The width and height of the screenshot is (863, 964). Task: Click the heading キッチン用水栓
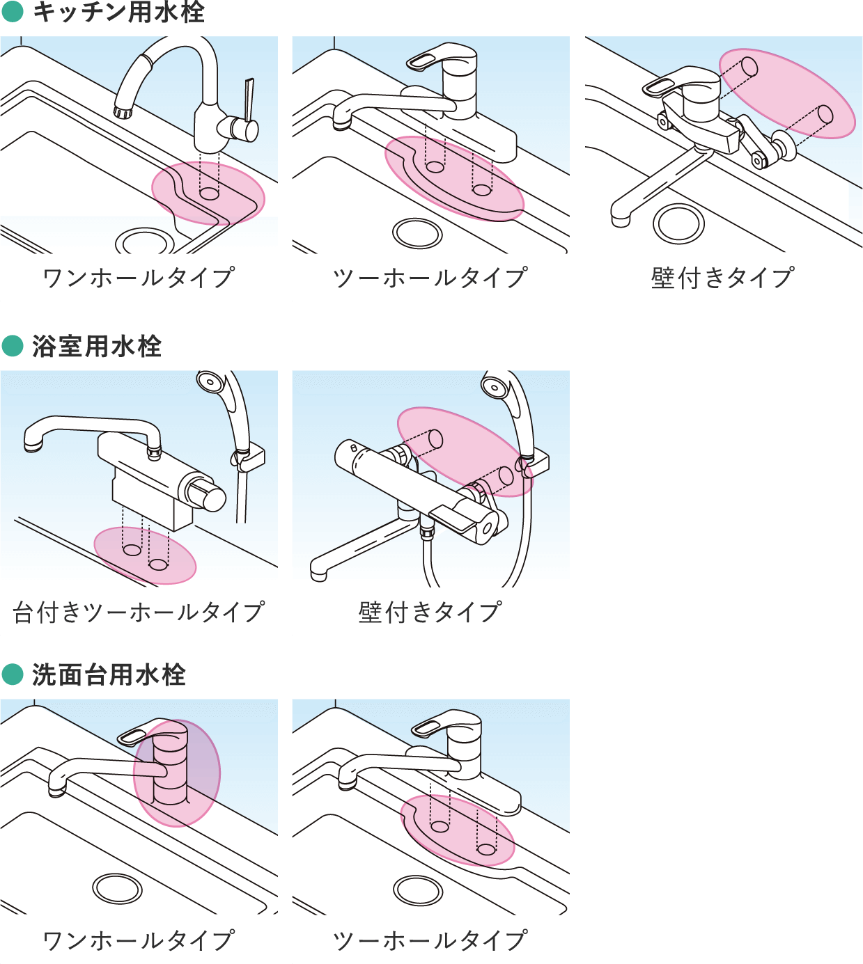[118, 13]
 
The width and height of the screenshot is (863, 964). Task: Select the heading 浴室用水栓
[97, 346]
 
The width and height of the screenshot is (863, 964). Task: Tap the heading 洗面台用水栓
[109, 674]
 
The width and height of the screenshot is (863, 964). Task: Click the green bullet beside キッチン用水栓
[13, 13]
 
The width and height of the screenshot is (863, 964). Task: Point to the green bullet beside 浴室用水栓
[13, 346]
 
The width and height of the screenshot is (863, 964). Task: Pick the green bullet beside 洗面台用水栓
[13, 674]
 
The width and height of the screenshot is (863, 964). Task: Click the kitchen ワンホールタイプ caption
[139, 278]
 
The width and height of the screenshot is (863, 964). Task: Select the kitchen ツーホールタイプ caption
[430, 278]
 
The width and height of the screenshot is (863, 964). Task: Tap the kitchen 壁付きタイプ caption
[723, 278]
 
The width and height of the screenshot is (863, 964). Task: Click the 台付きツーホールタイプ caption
[139, 611]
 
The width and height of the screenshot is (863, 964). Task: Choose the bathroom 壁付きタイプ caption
[430, 611]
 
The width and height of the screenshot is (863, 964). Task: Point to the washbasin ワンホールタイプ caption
[139, 940]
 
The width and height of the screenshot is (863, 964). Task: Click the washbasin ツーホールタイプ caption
[430, 940]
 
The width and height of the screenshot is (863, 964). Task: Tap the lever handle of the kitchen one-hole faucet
[249, 100]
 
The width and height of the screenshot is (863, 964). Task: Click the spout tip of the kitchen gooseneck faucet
[122, 112]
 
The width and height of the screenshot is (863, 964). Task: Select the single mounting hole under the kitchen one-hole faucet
[209, 193]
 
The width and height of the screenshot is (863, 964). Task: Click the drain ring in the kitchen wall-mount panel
[678, 223]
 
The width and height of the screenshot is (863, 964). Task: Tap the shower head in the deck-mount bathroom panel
[208, 381]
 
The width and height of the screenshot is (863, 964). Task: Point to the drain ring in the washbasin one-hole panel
[117, 888]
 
